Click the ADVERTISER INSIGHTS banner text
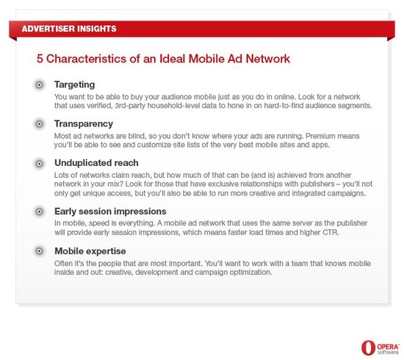point(69,29)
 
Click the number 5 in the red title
point(40,59)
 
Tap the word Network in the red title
point(268,59)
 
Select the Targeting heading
point(74,84)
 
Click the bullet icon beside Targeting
point(40,84)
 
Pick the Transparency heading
point(84,124)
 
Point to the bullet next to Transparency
point(40,124)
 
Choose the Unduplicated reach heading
point(96,163)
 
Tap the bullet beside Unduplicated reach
point(40,164)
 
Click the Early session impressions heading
point(110,212)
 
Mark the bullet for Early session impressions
point(40,212)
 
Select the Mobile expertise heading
point(90,251)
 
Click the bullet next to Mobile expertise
point(40,251)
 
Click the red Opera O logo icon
point(368,348)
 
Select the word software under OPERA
point(388,352)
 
